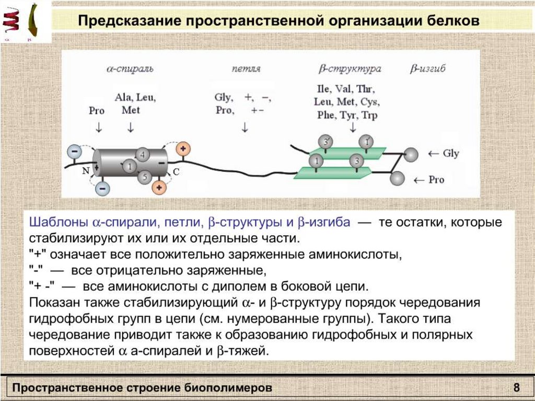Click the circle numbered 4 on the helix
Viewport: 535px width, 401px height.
[143, 154]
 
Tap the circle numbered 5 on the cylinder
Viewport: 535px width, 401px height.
[145, 177]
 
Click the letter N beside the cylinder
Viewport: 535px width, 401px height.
[85, 171]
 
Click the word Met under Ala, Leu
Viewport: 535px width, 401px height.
[131, 110]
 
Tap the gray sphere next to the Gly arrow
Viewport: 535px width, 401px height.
[412, 154]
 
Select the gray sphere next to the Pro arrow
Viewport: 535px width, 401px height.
[398, 178]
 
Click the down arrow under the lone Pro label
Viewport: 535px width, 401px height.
[99, 128]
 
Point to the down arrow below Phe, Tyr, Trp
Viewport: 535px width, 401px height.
[353, 127]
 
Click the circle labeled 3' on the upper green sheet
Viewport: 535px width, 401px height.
[325, 142]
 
